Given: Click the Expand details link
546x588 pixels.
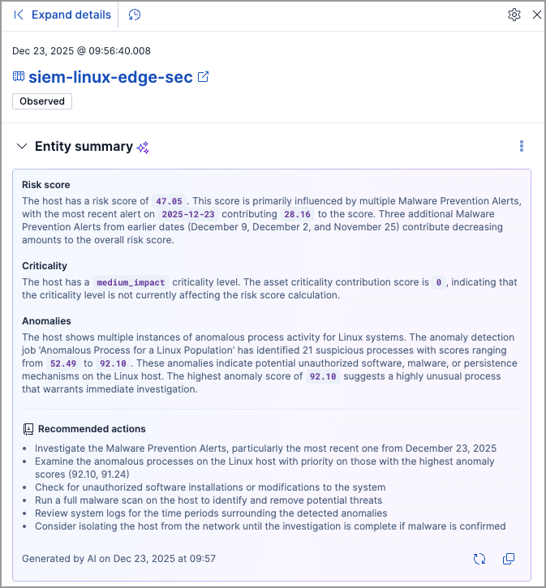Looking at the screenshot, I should tap(71, 15).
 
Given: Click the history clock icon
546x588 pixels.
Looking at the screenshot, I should tap(135, 15).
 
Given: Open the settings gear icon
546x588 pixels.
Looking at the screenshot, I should tap(514, 15).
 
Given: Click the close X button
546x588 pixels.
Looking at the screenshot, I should tap(536, 15).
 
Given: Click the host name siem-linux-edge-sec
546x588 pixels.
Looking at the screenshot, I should tap(110, 77).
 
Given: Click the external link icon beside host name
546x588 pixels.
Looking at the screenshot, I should tap(204, 77).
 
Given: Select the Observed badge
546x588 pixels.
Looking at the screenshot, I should tap(42, 101).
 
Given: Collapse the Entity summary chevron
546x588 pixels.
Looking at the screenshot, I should tap(22, 147).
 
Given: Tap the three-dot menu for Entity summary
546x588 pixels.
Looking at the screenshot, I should tap(522, 147).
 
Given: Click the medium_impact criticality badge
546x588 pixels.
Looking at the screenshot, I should tap(131, 282).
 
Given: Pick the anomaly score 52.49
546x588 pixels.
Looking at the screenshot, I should tap(63, 364).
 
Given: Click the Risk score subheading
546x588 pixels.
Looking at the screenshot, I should tap(46, 185).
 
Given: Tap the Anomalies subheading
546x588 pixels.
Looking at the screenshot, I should tap(46, 321).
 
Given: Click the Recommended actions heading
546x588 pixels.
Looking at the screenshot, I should tap(92, 429).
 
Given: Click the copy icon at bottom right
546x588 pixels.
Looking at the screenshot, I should tap(509, 559).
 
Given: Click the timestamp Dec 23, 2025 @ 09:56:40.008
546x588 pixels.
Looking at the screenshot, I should tap(81, 50).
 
